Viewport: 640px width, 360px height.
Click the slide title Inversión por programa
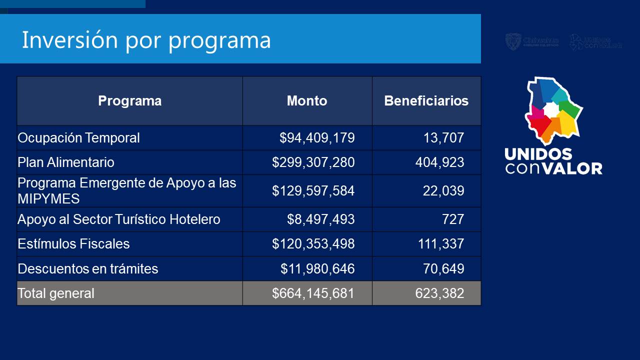click(146, 40)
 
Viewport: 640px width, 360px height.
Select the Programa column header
click(129, 101)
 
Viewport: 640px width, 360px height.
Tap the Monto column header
click(307, 101)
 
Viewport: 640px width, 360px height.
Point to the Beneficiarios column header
click(426, 101)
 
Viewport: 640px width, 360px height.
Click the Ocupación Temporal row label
click(78, 138)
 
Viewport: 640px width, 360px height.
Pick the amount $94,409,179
click(317, 138)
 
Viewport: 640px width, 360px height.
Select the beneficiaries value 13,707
click(443, 138)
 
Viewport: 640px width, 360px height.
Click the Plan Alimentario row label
click(66, 162)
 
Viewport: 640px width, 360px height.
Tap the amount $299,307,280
click(313, 162)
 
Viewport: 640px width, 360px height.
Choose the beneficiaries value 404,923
click(439, 162)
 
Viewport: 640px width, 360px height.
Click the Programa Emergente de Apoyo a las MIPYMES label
click(126, 190)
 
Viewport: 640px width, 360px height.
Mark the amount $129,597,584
click(313, 191)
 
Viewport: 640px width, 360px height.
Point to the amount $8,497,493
click(320, 219)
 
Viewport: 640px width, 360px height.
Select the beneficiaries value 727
click(453, 219)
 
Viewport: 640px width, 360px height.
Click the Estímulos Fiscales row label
click(73, 244)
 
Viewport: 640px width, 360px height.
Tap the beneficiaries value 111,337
click(440, 244)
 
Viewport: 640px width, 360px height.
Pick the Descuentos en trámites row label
click(87, 269)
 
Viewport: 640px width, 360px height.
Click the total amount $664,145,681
click(313, 293)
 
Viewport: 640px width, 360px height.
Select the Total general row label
click(55, 293)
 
